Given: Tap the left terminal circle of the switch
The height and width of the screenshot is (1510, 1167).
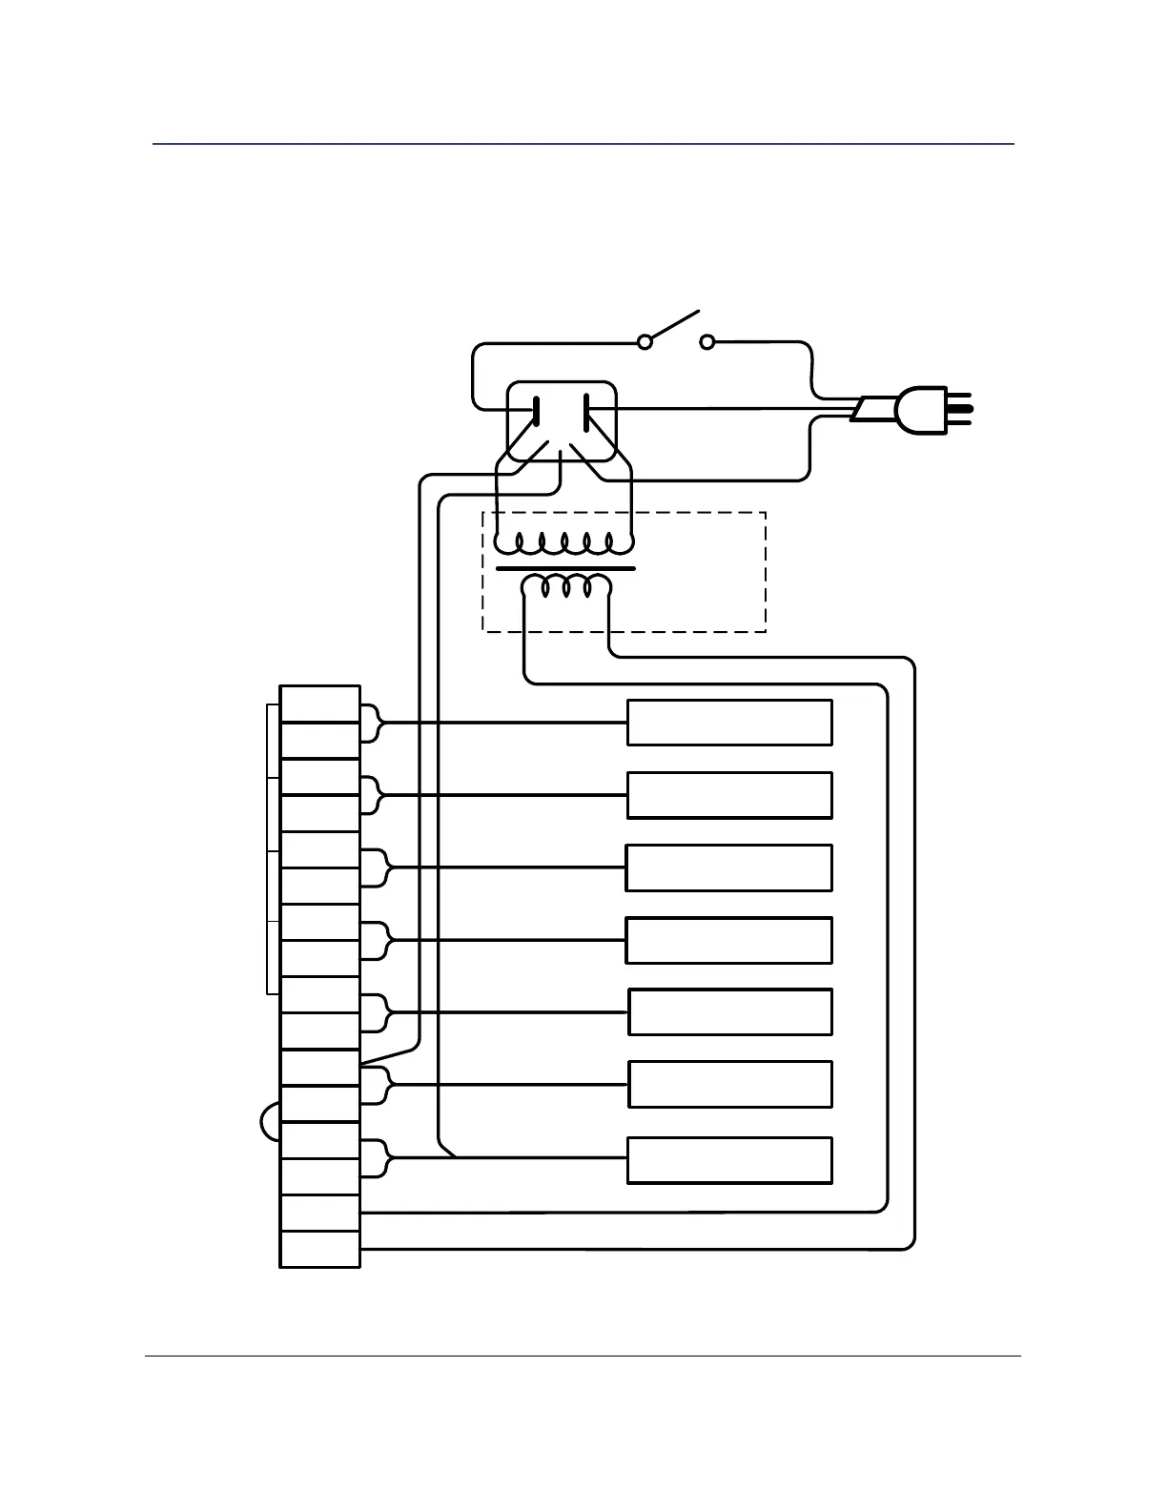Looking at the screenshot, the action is pyautogui.click(x=645, y=341).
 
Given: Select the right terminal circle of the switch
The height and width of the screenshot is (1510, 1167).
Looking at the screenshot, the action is pyautogui.click(x=707, y=341).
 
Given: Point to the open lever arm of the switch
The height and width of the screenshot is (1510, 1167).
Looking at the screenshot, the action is pyautogui.click(x=675, y=325).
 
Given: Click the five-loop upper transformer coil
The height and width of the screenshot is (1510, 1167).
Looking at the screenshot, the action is pyautogui.click(x=564, y=544).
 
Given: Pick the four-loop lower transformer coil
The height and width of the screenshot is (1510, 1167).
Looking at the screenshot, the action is pyautogui.click(x=566, y=586).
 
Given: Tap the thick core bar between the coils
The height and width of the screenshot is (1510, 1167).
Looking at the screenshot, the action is pyautogui.click(x=565, y=568).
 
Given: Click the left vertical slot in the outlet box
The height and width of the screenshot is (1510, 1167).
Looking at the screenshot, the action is pyautogui.click(x=537, y=411).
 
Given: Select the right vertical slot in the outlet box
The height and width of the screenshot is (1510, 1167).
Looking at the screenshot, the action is pyautogui.click(x=585, y=411).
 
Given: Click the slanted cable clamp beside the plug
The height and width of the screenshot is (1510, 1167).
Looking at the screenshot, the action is pyautogui.click(x=869, y=410).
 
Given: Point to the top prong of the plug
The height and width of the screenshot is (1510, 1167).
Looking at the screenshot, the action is pyautogui.click(x=958, y=394).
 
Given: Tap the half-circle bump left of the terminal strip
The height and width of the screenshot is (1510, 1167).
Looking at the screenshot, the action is pyautogui.click(x=270, y=1121).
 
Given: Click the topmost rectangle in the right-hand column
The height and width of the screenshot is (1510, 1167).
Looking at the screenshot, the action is pyautogui.click(x=729, y=723).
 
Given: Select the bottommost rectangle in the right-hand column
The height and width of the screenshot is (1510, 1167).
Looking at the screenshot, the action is pyautogui.click(x=729, y=1160).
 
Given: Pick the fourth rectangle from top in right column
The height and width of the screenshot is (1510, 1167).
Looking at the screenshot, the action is pyautogui.click(x=728, y=940).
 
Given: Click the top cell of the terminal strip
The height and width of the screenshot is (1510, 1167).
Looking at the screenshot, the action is pyautogui.click(x=319, y=704).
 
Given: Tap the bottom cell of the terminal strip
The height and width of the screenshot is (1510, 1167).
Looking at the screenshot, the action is pyautogui.click(x=319, y=1249).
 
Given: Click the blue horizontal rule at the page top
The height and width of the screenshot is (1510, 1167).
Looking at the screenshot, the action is pyautogui.click(x=583, y=144).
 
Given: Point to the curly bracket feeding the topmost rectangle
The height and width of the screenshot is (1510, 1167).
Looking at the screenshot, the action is pyautogui.click(x=373, y=723).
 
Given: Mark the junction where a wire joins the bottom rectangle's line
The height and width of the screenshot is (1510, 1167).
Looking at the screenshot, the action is pyautogui.click(x=455, y=1157).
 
